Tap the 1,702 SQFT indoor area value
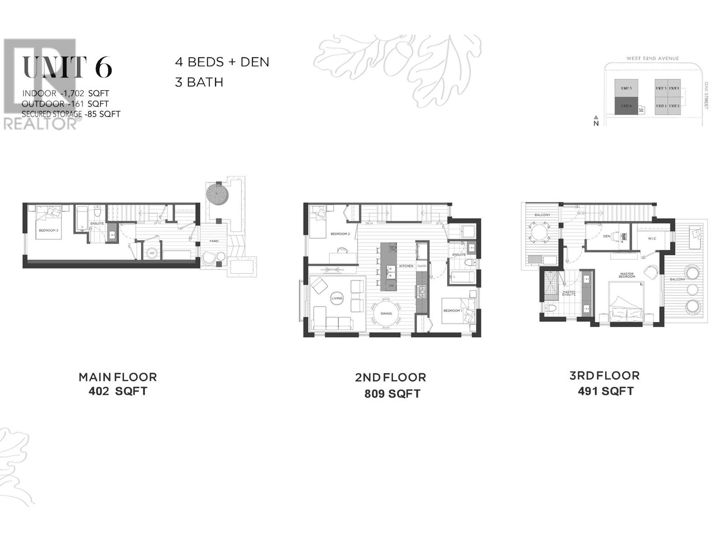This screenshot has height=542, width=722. click(x=83, y=93)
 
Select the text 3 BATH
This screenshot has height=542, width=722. click(x=199, y=82)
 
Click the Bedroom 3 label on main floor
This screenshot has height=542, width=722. click(x=48, y=230)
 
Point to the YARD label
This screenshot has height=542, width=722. click(x=213, y=241)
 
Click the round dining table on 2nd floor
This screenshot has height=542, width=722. click(x=386, y=313)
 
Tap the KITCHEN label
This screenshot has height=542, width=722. click(x=406, y=266)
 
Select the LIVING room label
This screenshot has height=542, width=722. click(x=337, y=298)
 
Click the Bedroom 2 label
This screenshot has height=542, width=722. click(x=340, y=234)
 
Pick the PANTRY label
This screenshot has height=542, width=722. click(x=421, y=266)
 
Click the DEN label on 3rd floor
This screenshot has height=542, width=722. click(x=606, y=236)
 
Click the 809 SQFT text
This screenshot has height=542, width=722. click(x=392, y=394)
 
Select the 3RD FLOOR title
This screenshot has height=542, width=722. click(x=604, y=375)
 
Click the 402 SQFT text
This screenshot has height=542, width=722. click(x=118, y=391)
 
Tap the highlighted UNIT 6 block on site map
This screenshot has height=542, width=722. click(x=626, y=106)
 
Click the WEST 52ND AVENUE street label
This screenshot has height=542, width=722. click(x=652, y=58)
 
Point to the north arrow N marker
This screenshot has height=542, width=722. click(x=596, y=122)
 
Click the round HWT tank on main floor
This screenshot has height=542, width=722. click(x=152, y=253)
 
